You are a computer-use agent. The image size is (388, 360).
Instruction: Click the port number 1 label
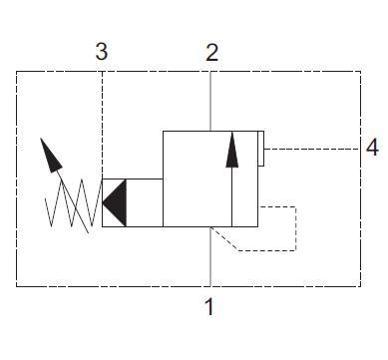pyautogui.click(x=209, y=307)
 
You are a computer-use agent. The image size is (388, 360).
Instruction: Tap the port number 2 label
pyautogui.click(x=211, y=53)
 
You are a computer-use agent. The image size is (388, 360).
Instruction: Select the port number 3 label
pyautogui.click(x=102, y=53)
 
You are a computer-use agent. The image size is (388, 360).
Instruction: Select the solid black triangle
pyautogui.click(x=115, y=203)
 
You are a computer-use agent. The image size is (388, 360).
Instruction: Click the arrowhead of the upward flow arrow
pyautogui.click(x=232, y=148)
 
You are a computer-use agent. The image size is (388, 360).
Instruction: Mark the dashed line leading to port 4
pyautogui.click(x=309, y=149)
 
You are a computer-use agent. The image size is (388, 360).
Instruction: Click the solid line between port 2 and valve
pyautogui.click(x=210, y=100)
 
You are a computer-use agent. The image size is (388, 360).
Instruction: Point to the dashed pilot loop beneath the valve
pyautogui.click(x=297, y=229)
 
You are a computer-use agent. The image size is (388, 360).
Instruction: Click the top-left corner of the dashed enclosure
pyautogui.click(x=17, y=71)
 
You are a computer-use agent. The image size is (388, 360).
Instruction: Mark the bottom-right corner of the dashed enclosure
pyautogui.click(x=359, y=287)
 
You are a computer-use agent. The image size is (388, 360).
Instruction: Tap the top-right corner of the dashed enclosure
pyautogui.click(x=359, y=71)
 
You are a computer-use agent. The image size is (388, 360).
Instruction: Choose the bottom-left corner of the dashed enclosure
pyautogui.click(x=17, y=287)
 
